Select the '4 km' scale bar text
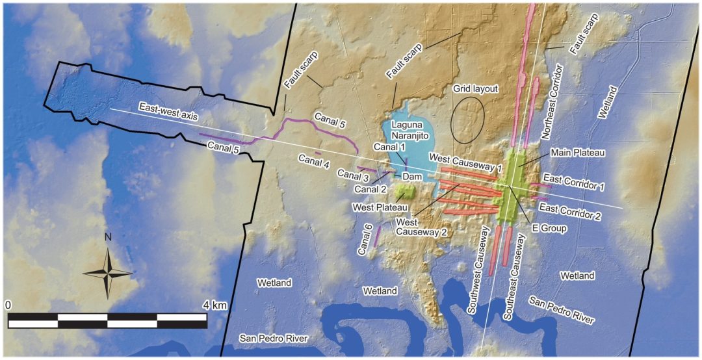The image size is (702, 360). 214,304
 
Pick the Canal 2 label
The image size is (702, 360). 371,189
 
